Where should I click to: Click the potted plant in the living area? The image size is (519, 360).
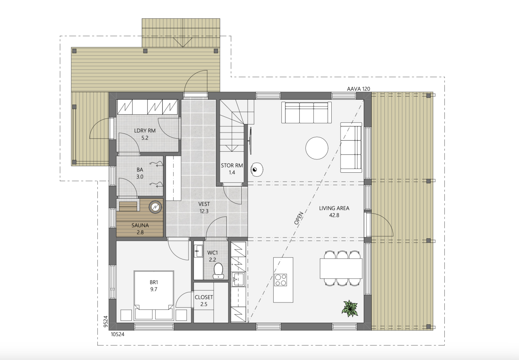point(350,308)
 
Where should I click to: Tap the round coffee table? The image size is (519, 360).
point(317,148)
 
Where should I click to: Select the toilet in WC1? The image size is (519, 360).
point(219,270)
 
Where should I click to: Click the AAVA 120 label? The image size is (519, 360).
point(358,89)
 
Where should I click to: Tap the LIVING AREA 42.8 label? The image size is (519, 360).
point(334,212)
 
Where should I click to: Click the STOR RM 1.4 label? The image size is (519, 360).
point(232,169)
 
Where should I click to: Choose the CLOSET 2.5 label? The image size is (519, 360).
point(204,300)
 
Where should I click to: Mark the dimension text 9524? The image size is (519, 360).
point(105,321)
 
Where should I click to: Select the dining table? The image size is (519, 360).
point(341,268)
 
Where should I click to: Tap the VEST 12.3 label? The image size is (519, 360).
point(204,208)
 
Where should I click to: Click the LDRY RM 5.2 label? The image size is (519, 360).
point(145,134)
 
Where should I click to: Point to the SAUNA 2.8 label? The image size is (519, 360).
point(140,229)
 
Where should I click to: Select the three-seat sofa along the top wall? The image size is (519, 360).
point(307,112)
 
